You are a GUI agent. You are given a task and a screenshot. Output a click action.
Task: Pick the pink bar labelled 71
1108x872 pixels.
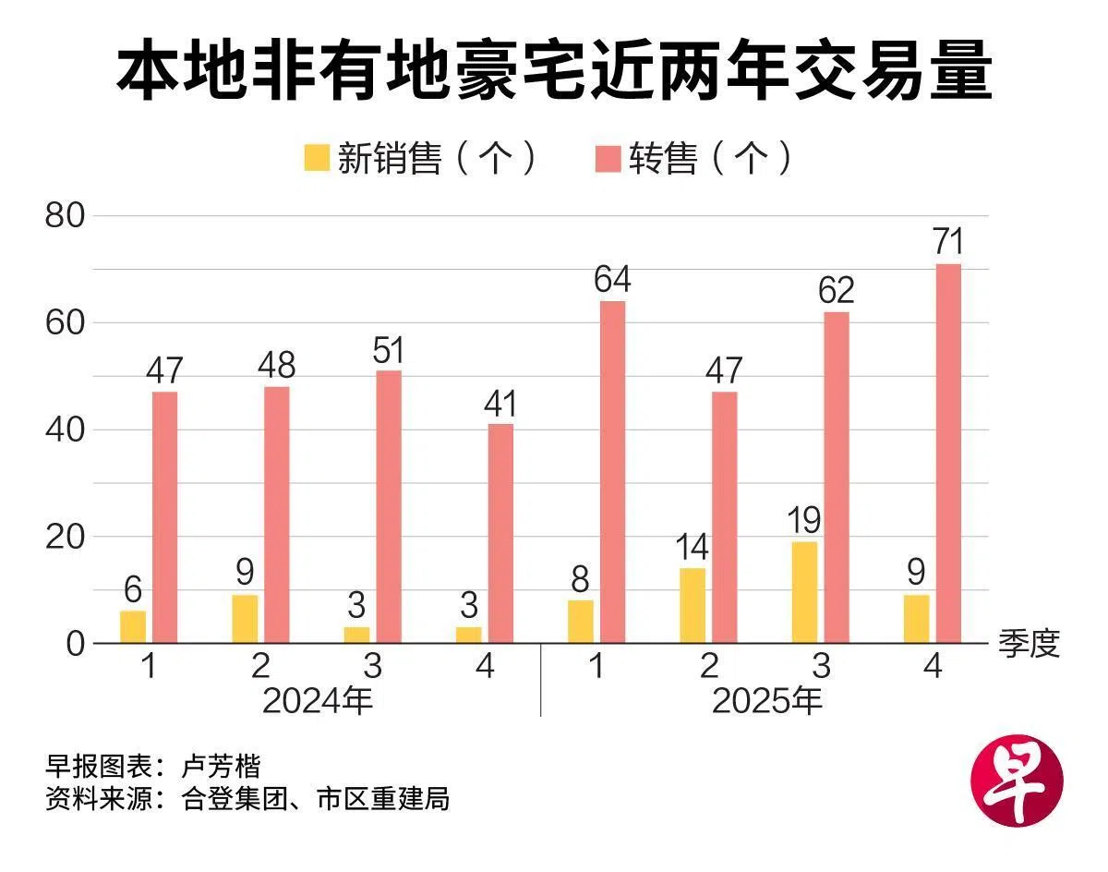point(948,453)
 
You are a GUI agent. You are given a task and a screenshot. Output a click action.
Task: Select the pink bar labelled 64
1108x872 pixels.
point(612,471)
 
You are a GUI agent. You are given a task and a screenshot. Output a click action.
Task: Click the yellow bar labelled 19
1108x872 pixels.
point(804,592)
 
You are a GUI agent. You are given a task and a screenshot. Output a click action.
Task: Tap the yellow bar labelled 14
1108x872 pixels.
point(692,605)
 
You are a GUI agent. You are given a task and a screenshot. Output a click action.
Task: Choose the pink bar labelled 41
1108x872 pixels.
point(500,533)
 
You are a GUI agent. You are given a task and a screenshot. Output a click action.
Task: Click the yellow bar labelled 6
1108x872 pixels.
point(133,626)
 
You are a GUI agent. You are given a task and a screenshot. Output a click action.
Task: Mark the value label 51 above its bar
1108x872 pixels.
point(389,351)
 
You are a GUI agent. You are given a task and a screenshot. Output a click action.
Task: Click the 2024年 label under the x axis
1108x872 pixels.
point(318,701)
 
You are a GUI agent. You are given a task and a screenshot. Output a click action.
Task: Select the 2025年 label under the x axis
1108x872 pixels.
point(766,701)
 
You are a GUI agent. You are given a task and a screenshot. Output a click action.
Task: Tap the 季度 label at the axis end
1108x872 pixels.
point(1029,644)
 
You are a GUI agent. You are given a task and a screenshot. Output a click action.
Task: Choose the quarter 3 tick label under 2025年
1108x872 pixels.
point(821,666)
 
